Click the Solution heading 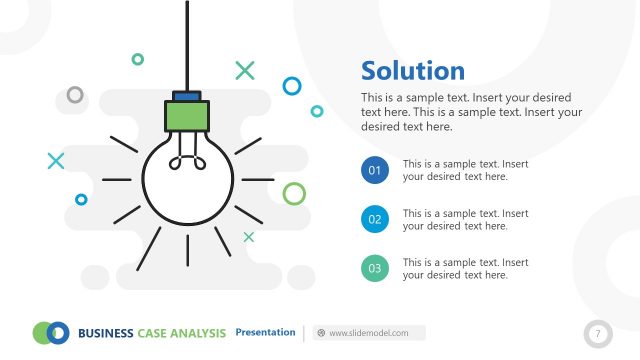coord(412,71)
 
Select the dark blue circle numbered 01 coord(375,171)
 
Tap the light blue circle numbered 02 coord(375,219)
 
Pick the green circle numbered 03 coord(375,267)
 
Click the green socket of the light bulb coord(187,117)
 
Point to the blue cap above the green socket coord(187,96)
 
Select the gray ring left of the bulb coord(75,95)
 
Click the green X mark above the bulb coord(245,70)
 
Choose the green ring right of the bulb coord(294,193)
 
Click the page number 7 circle coord(598,333)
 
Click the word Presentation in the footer coord(265,332)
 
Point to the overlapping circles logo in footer coord(51,332)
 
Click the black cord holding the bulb coord(187,45)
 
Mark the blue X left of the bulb coord(56,160)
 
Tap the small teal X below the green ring coord(249,237)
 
